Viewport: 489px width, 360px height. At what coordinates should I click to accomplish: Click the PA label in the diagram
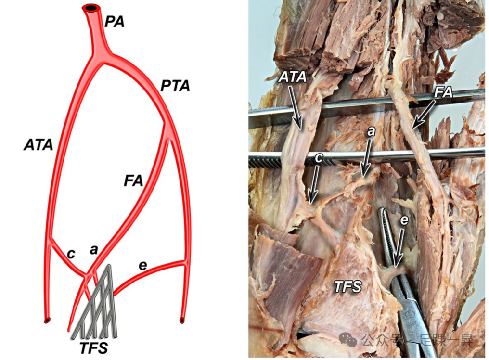tap(114, 22)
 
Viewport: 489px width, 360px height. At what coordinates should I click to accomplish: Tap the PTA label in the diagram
tap(175, 87)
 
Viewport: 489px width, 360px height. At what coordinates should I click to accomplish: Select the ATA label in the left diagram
tap(38, 144)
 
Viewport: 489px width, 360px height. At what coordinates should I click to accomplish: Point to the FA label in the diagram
tap(133, 181)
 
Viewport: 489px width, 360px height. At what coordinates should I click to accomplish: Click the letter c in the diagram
tap(71, 254)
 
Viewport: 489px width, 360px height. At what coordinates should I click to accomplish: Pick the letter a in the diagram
tap(94, 249)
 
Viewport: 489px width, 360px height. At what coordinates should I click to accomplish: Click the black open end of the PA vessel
tap(90, 8)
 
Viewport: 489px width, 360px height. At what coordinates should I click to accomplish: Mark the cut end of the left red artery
tap(47, 320)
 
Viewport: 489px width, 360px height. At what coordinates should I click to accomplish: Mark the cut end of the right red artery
tap(182, 320)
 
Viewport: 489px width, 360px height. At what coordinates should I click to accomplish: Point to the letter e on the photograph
tap(404, 220)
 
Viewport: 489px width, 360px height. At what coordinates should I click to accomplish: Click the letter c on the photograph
tap(318, 157)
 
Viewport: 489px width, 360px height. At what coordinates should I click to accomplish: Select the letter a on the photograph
tap(370, 131)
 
